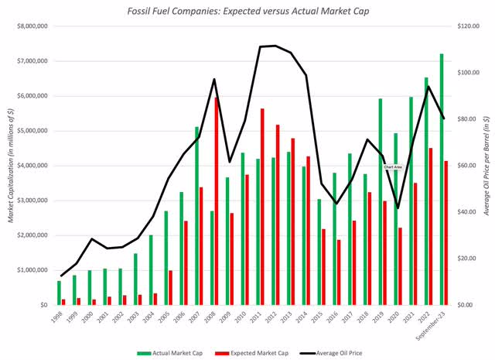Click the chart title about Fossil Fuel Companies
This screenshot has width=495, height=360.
(x=248, y=11)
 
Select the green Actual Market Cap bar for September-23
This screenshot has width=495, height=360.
(x=442, y=179)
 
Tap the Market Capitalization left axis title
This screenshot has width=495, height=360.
(x=10, y=165)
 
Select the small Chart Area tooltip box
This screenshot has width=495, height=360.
(x=393, y=166)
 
